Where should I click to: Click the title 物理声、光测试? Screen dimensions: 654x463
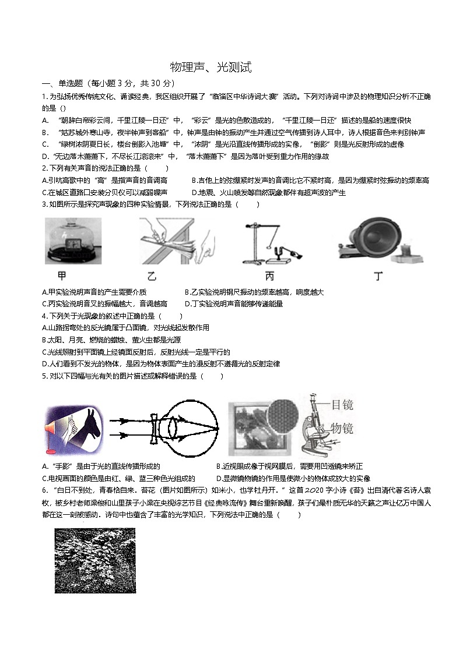coord(211,68)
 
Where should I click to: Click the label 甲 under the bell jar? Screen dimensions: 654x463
coord(62,276)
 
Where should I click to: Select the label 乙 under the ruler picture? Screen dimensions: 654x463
coord(152,276)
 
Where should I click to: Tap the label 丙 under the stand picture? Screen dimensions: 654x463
coord(269,276)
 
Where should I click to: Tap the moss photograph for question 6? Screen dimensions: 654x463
coord(95,560)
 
